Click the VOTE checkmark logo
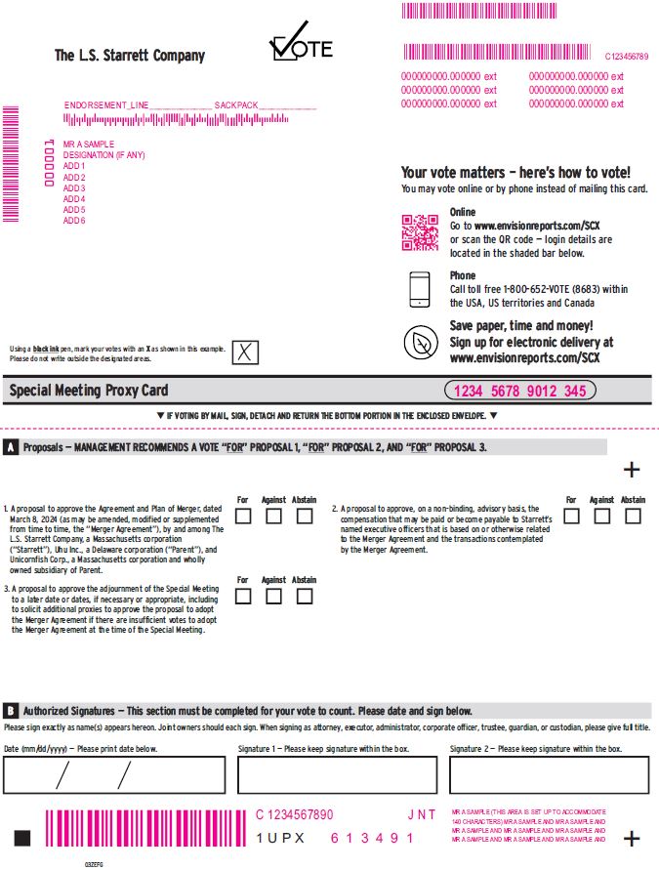coord(301,44)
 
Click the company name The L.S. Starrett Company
coord(130,56)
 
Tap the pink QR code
coord(420,232)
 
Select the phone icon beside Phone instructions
coord(420,288)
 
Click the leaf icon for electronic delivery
coord(420,342)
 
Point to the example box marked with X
coord(245,352)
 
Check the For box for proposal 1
coord(243,516)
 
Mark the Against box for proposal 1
coord(273,516)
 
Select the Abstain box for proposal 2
coord(633,516)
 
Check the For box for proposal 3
coord(243,596)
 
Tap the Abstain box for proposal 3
coord(305,596)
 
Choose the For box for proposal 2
coord(571,516)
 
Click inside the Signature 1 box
coord(337,775)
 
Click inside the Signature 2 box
coord(549,775)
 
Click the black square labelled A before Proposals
coord(10,447)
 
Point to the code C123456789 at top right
coord(626,57)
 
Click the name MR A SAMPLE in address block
coord(89,145)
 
